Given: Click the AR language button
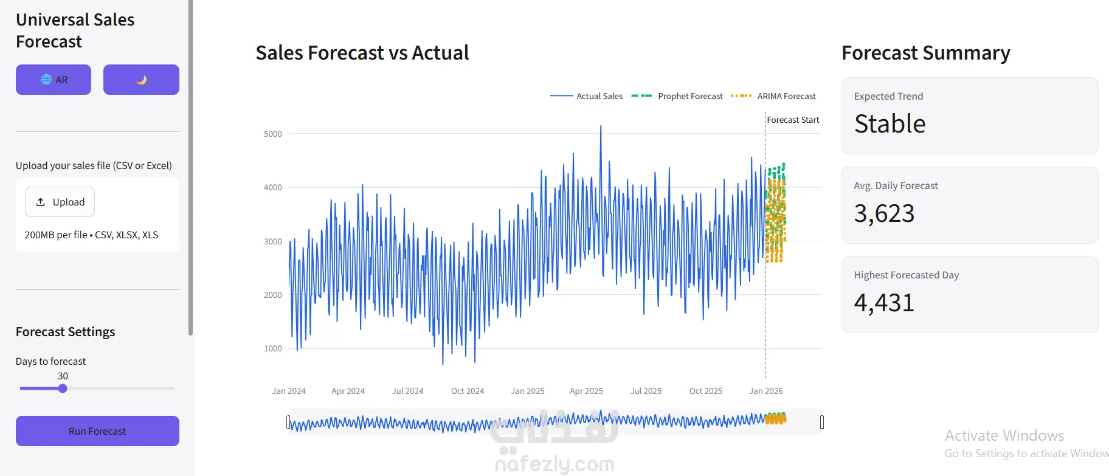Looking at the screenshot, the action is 54,80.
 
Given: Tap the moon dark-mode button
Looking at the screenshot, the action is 141,80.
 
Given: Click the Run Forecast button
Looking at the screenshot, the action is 97,431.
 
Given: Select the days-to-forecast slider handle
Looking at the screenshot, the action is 63,388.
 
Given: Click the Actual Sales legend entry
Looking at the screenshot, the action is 587,96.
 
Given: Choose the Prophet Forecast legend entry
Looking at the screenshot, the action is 677,96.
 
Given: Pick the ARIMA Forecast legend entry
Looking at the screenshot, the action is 773,96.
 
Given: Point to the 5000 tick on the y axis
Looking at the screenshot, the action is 273,134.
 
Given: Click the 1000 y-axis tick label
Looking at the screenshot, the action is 273,348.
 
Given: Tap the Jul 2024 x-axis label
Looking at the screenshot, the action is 407,391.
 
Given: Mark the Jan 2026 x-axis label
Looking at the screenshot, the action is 766,391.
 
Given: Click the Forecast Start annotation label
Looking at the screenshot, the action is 793,120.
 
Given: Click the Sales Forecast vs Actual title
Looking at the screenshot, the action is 362,53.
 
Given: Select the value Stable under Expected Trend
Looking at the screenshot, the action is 890,123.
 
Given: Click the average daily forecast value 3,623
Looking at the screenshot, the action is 884,213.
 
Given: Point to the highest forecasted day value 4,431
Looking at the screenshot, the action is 884,303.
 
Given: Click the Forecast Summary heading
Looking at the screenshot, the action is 926,53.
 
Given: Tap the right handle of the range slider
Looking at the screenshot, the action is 822,422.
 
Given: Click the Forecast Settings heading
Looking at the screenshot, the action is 65,332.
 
